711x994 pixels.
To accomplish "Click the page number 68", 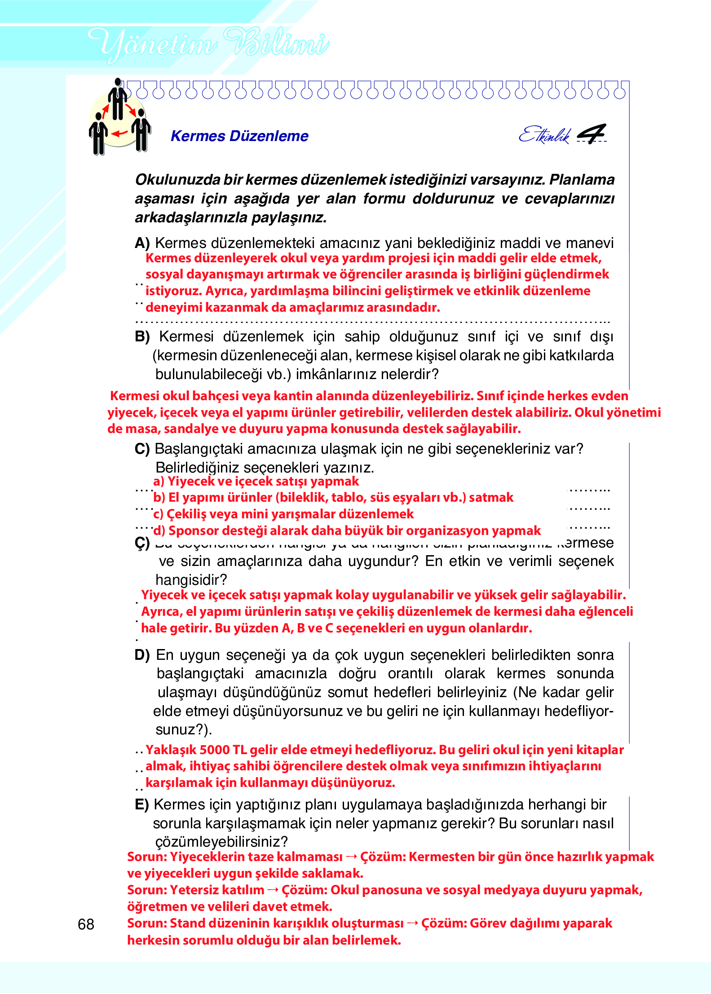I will click(86, 924).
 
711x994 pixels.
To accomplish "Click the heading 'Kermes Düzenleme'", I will click(239, 136).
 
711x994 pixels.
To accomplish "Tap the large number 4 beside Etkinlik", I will click(592, 133).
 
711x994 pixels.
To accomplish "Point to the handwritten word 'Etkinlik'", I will click(544, 134).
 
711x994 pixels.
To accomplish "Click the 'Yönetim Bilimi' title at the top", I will click(208, 44).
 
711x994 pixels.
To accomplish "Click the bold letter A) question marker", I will click(142, 243).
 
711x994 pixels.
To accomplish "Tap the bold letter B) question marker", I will click(142, 337).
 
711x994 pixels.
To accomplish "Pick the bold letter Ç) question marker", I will click(142, 543).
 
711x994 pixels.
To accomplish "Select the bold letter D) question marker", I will click(142, 655).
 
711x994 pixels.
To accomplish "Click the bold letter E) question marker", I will click(141, 805).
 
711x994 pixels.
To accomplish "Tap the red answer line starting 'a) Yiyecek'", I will click(256, 482).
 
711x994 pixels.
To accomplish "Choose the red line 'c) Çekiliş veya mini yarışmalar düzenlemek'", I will click(283, 514).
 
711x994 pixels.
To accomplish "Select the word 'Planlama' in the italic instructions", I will click(582, 180).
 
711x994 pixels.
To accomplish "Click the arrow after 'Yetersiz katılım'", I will click(273, 890).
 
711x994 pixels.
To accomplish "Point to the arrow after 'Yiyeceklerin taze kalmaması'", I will click(352, 857).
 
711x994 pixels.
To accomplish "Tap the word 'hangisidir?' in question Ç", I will click(191, 580).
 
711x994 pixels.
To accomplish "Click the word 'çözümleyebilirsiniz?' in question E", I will click(221, 842).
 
